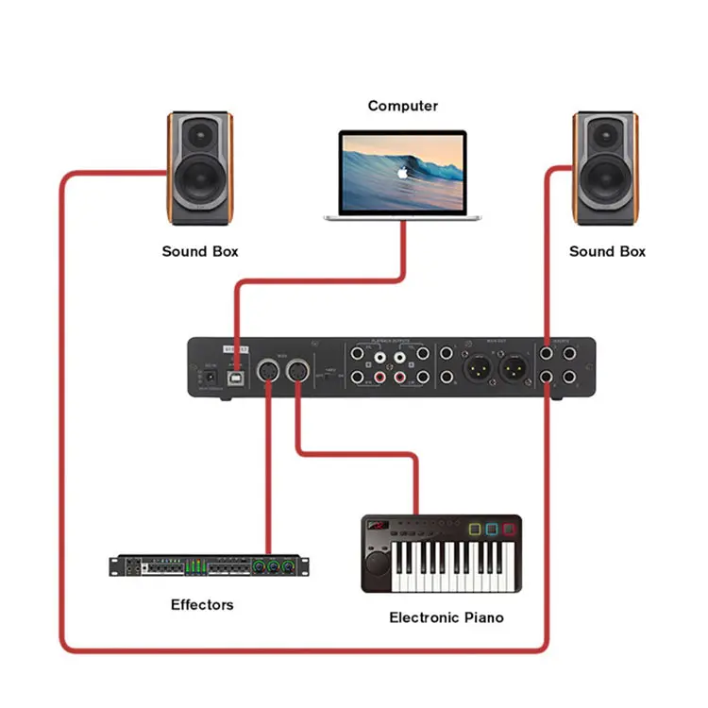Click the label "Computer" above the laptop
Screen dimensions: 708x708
pos(402,106)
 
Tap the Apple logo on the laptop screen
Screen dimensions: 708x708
pos(402,173)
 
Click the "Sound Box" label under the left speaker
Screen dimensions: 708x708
pos(200,251)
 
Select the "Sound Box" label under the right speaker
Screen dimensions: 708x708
pos(607,251)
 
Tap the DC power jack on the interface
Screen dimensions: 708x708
pos(200,378)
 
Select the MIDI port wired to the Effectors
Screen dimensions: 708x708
pos(268,371)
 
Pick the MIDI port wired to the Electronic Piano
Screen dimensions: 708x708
pos(299,371)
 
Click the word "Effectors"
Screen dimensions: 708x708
pos(202,604)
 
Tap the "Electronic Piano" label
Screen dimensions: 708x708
pos(447,617)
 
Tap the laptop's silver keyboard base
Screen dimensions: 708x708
pos(403,217)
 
